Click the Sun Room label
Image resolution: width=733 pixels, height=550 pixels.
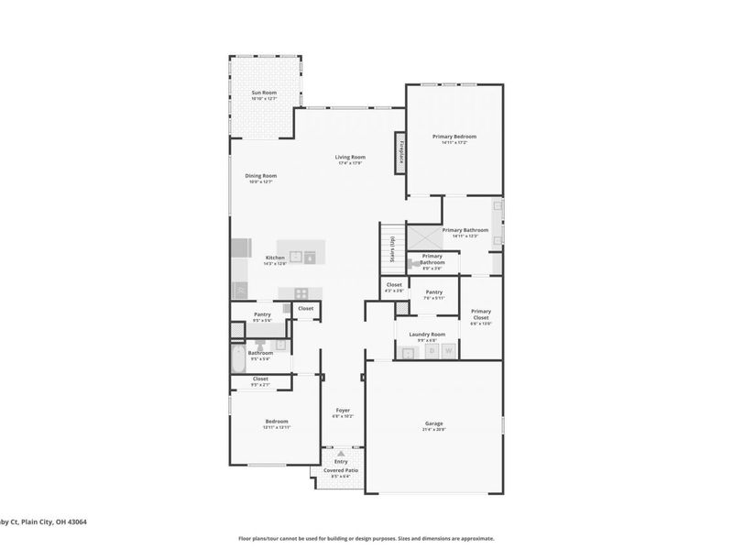265,93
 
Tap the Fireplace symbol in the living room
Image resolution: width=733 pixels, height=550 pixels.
400,151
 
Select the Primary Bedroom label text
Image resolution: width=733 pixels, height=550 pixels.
454,137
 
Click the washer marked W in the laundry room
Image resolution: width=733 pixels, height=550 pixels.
449,351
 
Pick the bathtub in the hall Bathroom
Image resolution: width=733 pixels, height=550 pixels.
237,358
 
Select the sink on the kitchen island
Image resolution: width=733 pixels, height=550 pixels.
297,258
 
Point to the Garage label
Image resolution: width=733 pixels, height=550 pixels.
434,424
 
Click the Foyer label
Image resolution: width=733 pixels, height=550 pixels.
343,411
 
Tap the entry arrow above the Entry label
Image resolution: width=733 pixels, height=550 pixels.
341,454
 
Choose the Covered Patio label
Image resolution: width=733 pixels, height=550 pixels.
340,470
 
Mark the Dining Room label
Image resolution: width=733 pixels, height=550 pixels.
260,176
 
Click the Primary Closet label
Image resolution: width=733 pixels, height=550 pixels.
481,314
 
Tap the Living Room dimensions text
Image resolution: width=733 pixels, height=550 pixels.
350,163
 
